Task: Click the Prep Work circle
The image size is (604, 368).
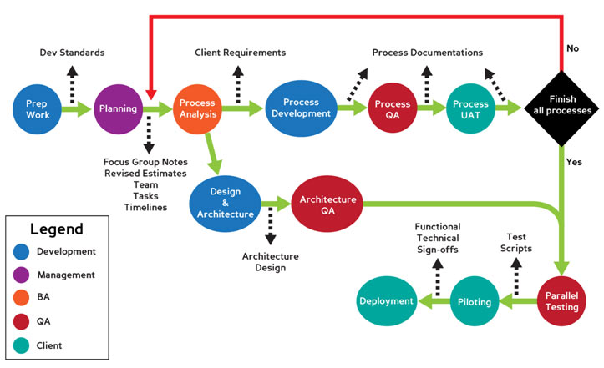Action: (37, 109)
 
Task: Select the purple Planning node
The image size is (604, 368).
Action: (119, 109)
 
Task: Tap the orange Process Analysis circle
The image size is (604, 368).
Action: (198, 109)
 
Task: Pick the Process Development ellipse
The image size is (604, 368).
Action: (302, 108)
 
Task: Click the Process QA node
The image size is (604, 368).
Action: (393, 108)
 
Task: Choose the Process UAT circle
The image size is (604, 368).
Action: (470, 108)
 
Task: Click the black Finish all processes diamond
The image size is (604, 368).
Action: (561, 108)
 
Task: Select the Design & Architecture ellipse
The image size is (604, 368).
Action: (226, 204)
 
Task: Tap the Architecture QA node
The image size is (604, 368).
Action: (327, 204)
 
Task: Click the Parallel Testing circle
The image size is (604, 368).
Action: (561, 301)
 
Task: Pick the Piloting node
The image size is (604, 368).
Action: (475, 301)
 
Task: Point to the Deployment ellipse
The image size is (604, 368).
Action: (387, 301)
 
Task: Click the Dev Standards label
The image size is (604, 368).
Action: (72, 53)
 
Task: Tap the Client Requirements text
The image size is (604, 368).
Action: (241, 53)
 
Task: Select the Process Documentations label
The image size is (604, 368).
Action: (428, 53)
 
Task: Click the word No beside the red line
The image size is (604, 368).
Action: (573, 48)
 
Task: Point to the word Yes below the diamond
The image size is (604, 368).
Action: (574, 162)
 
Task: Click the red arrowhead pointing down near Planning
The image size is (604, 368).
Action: (151, 94)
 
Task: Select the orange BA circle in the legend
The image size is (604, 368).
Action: (21, 298)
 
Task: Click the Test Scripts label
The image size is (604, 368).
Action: (516, 243)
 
